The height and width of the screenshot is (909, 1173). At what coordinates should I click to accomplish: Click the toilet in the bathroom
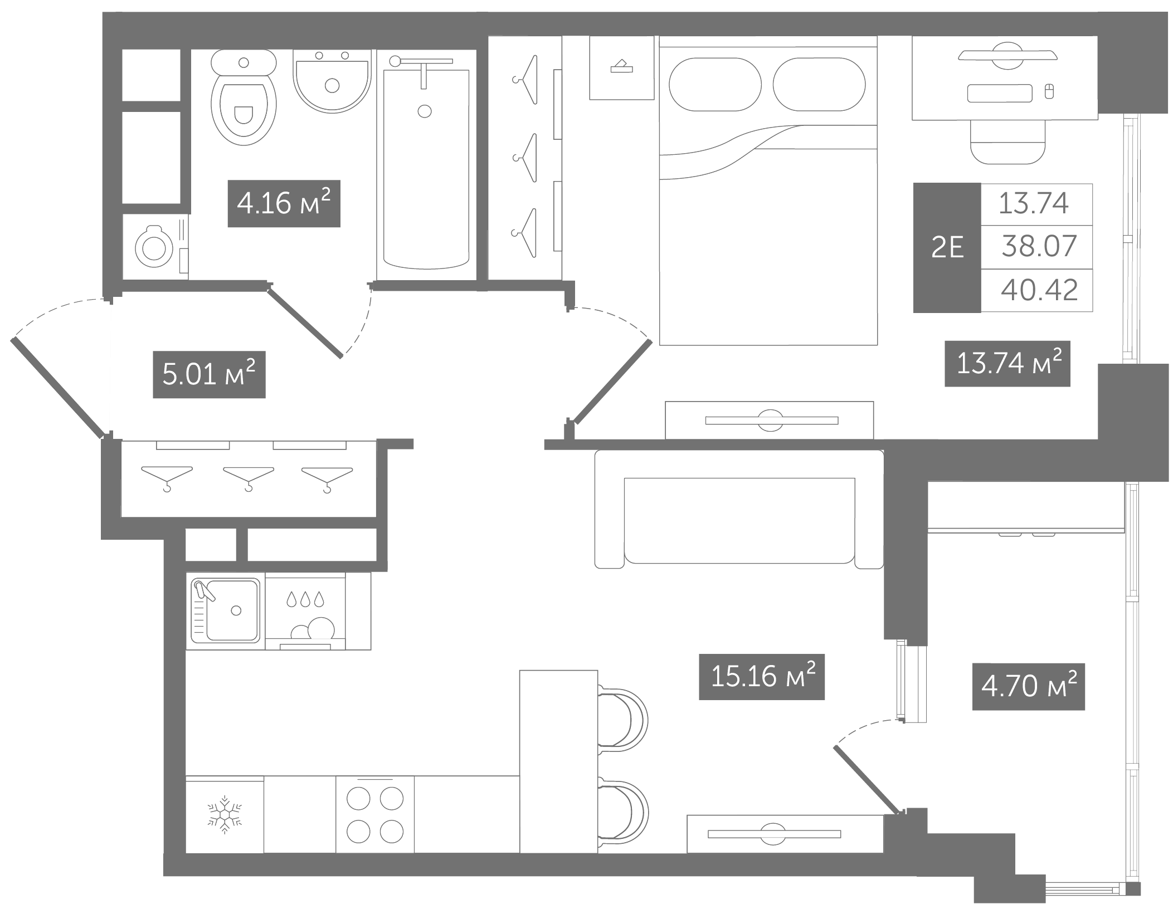click(x=244, y=97)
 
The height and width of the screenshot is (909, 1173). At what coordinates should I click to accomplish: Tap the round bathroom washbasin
click(x=332, y=81)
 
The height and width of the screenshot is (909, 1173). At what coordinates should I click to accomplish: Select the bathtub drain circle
click(x=425, y=111)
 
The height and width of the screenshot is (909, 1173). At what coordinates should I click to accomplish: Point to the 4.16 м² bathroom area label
click(x=284, y=203)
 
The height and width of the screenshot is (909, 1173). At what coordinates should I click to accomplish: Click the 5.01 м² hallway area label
click(x=209, y=374)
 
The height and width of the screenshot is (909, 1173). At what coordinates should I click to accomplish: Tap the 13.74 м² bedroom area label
click(x=1007, y=363)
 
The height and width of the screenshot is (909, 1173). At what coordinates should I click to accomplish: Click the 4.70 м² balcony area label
click(x=1029, y=686)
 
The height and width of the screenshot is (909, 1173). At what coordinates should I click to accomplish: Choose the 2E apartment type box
click(x=947, y=247)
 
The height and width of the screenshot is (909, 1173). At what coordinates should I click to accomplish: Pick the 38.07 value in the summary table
click(x=1039, y=246)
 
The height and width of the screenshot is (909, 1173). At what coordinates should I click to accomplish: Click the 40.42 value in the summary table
click(x=1039, y=290)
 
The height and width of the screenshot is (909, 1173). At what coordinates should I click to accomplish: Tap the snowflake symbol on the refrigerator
click(x=225, y=814)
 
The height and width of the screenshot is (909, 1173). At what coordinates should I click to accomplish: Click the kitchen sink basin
click(x=226, y=610)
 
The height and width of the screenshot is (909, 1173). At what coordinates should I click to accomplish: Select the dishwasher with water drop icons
click(x=305, y=611)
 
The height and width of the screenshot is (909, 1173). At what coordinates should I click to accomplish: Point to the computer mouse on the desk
click(x=1049, y=91)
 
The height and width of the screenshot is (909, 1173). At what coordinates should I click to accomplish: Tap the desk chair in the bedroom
click(x=1007, y=141)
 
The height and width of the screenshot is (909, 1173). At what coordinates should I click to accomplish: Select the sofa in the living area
click(x=739, y=509)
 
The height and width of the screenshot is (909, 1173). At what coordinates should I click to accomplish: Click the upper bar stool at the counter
click(x=623, y=719)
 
